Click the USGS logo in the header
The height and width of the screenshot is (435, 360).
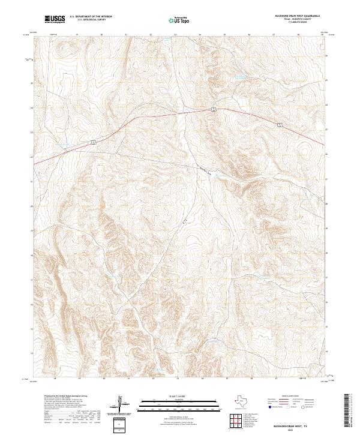tap(55, 19)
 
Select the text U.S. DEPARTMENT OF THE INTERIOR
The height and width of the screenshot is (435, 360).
tap(90, 16)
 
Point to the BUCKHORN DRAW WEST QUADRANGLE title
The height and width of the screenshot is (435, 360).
tap(296, 16)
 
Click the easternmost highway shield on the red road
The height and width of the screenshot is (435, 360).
tap(280, 124)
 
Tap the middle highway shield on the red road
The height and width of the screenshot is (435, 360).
tap(212, 109)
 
